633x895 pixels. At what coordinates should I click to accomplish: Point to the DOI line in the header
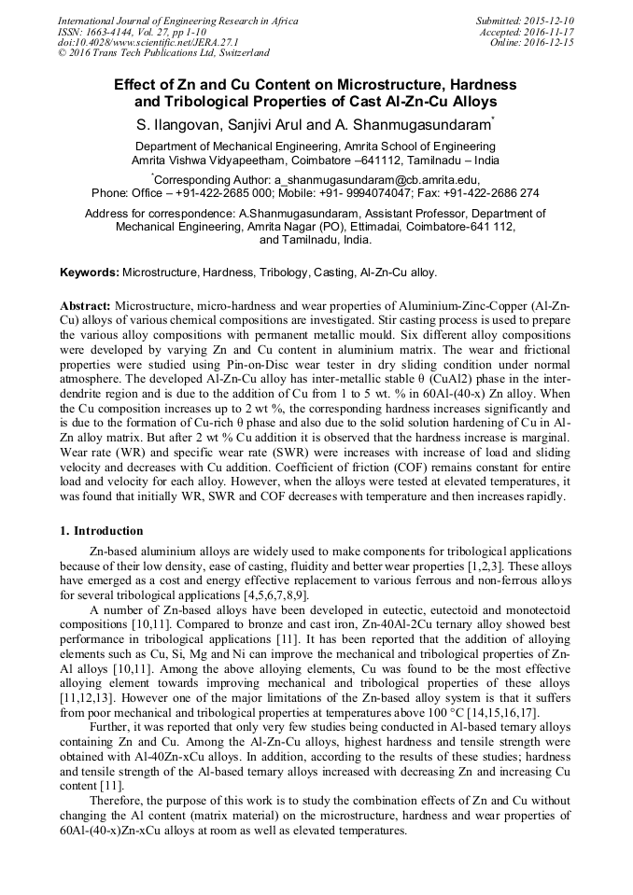(148, 42)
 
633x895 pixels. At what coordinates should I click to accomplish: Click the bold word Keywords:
(90, 273)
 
